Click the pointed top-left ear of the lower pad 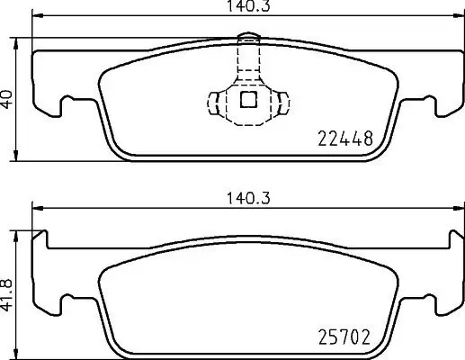(x=40, y=236)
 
